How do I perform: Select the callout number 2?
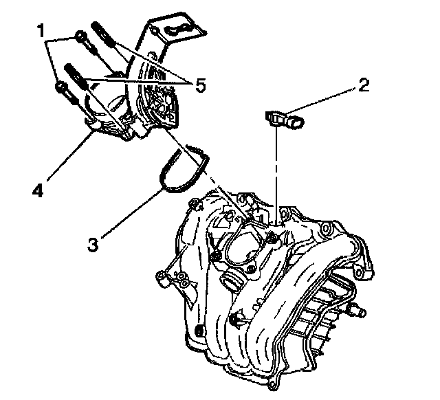363,86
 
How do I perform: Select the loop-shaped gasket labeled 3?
183,170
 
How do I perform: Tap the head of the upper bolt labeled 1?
80,36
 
